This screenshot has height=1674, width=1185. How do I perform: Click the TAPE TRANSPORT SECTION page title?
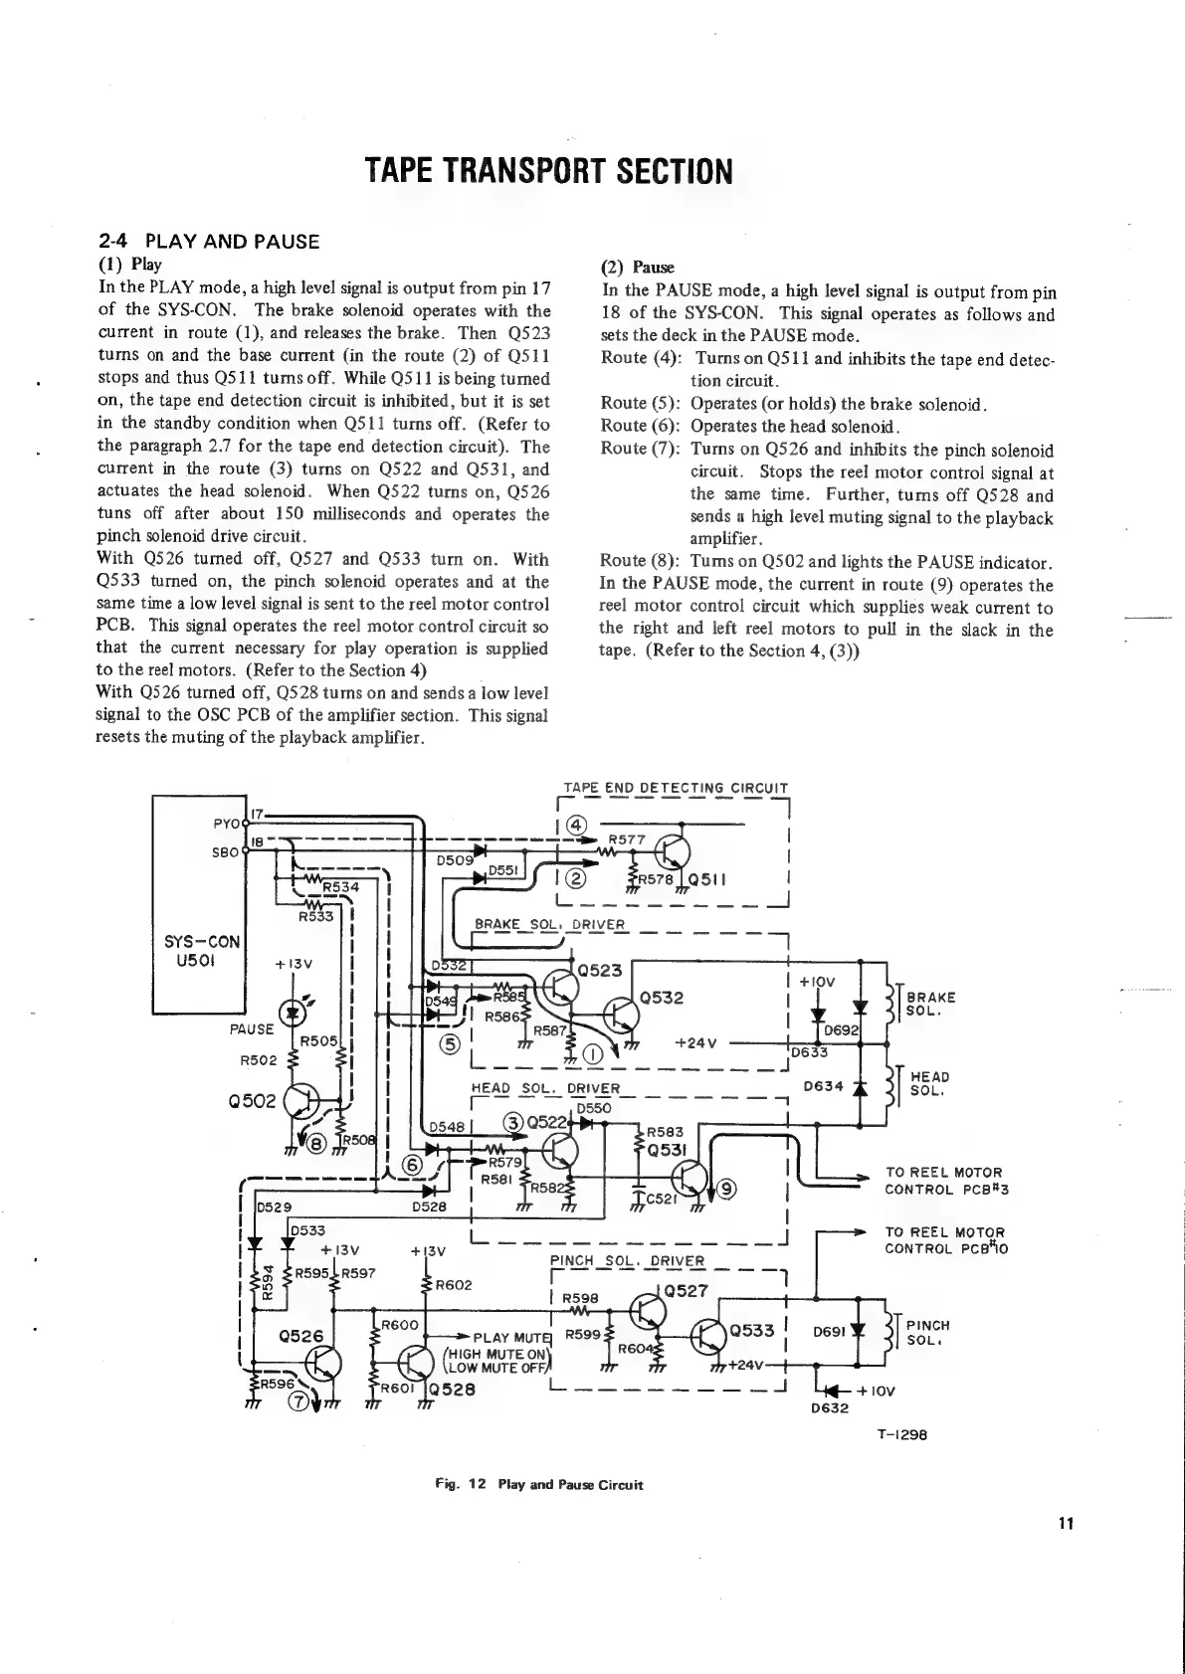point(548,171)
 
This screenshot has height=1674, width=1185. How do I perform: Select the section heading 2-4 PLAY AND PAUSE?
point(209,241)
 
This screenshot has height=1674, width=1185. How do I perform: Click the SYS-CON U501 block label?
point(202,952)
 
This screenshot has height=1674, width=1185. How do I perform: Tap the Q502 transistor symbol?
point(302,1101)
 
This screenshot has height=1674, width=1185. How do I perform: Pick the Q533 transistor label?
point(752,1331)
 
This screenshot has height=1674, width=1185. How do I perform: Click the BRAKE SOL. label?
point(931,1004)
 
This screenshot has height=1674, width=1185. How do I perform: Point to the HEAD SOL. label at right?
point(929,1083)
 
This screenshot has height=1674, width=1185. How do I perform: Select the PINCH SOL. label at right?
point(929,1333)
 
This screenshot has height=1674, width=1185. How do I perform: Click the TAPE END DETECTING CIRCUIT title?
point(676,789)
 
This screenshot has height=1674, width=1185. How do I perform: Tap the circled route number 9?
point(727,1186)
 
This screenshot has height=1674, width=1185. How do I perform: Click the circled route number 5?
point(450,1043)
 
